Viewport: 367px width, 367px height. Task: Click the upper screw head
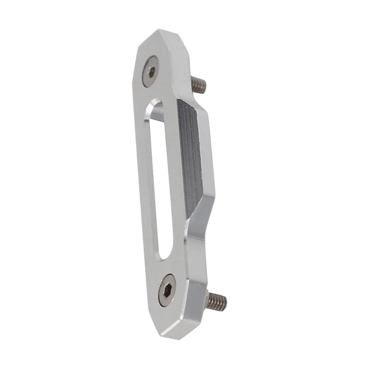[150, 72]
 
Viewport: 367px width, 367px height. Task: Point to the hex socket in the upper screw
[150, 72]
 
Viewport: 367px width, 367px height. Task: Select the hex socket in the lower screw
[168, 289]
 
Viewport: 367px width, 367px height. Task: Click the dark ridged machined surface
[190, 156]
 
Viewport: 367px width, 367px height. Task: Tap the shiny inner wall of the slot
[149, 183]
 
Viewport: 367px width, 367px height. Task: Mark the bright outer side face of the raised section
[209, 156]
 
